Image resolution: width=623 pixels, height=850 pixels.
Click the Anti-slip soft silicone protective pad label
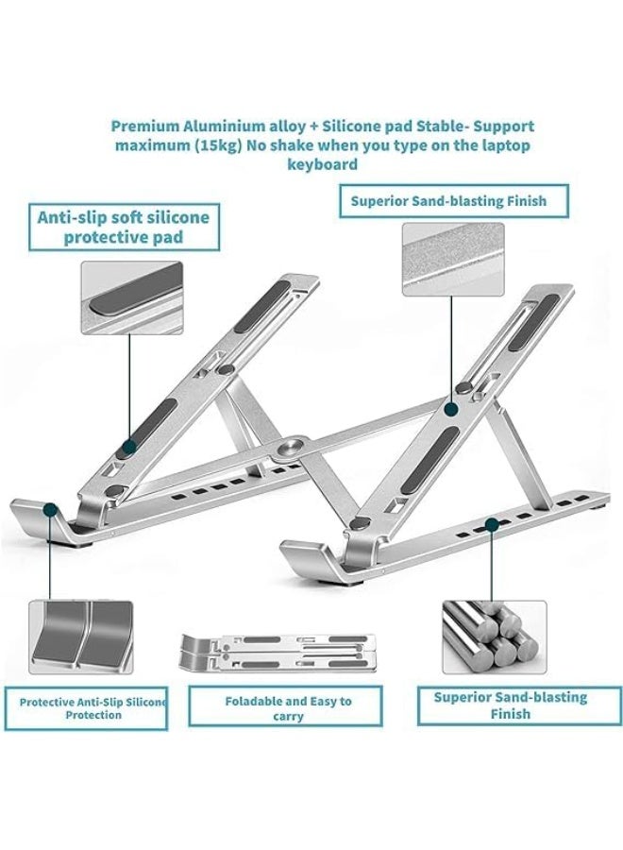(123, 227)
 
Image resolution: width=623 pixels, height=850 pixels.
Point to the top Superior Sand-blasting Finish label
(456, 201)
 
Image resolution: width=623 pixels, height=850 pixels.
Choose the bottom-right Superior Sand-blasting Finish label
(510, 705)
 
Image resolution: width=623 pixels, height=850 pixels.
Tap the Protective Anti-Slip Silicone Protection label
(93, 708)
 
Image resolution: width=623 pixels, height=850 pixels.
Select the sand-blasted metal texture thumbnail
(453, 260)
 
